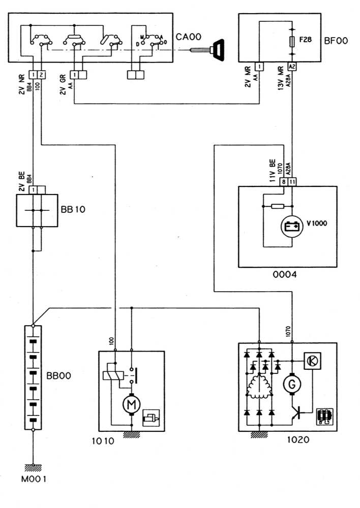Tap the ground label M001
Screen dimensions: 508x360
pos(36,479)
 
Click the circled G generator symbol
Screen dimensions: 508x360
pos(292,385)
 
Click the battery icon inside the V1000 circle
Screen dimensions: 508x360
pos(292,227)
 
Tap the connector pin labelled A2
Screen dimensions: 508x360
pos(291,67)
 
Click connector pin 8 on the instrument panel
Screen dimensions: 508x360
pos(284,181)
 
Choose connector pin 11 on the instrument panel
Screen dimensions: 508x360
pos(292,181)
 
